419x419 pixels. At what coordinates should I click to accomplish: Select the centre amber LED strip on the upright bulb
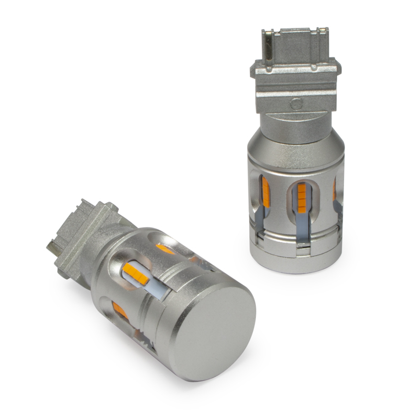303,194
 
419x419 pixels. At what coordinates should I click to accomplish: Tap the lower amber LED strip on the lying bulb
120,310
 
